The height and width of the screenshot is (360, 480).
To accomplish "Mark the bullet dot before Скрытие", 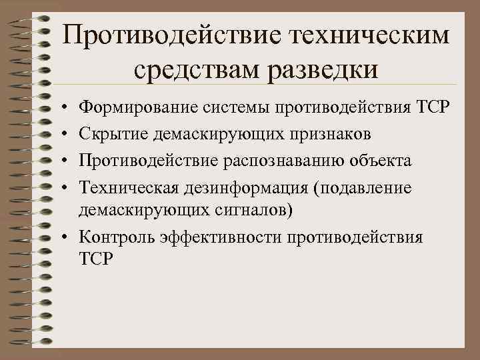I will pos(61,135).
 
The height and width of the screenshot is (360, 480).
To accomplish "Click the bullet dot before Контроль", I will pos(61,238).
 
